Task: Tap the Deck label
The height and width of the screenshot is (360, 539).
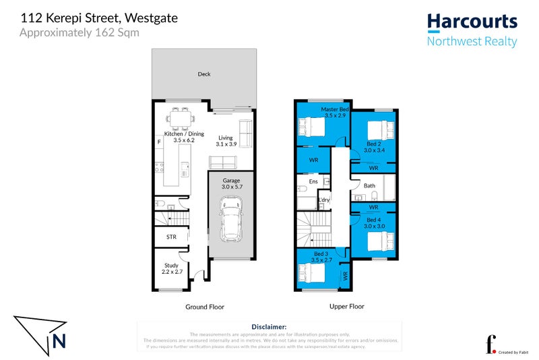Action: tap(203, 74)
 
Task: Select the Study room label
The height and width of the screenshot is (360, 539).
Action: tap(171, 266)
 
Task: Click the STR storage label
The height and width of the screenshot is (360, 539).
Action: tap(171, 237)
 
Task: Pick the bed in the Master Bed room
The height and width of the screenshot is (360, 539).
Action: tap(313, 127)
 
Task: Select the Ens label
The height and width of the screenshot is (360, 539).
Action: tap(313, 181)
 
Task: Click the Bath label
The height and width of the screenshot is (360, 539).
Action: tap(369, 185)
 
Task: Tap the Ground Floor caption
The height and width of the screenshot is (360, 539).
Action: tap(205, 307)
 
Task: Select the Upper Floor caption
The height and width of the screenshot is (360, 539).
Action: tap(347, 307)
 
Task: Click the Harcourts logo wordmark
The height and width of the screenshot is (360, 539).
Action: tap(473, 22)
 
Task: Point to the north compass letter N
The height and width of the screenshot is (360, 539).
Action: tap(59, 341)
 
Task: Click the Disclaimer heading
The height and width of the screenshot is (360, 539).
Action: tap(269, 326)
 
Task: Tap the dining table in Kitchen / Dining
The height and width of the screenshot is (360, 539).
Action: tap(179, 120)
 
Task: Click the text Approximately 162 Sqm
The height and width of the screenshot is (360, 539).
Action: tap(80, 32)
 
